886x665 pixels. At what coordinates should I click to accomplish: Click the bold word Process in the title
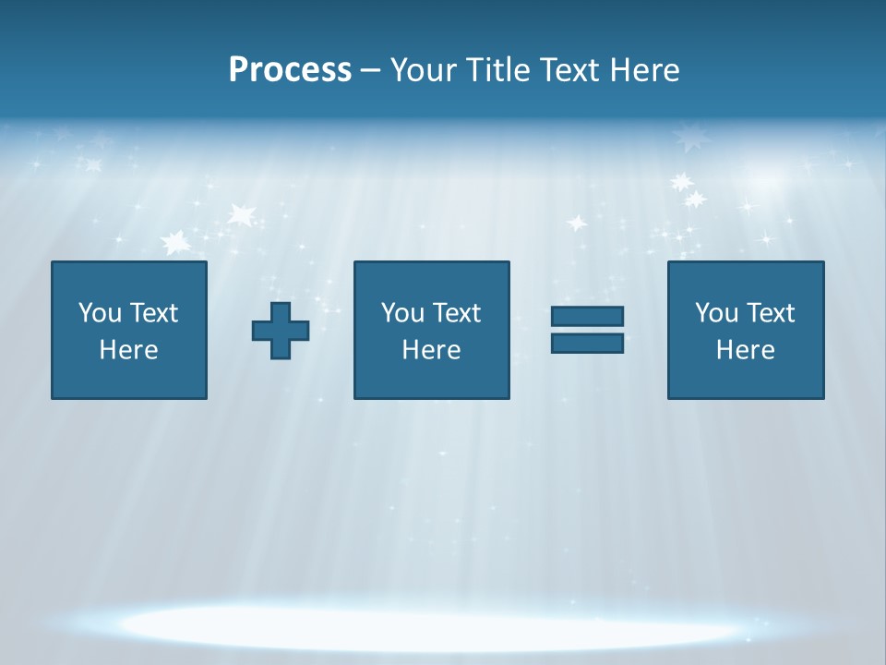click(290, 70)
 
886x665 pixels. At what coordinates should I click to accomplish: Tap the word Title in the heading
click(497, 70)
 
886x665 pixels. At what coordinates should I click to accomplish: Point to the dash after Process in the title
click(371, 70)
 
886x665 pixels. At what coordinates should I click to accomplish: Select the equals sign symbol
click(587, 330)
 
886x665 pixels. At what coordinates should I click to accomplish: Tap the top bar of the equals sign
click(587, 316)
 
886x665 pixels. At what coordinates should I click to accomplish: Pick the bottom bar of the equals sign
click(587, 343)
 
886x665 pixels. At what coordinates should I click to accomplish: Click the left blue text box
click(129, 330)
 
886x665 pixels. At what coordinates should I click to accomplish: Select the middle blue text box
click(431, 330)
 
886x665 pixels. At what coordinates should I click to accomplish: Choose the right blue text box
click(745, 330)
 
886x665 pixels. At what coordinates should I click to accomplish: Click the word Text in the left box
click(153, 313)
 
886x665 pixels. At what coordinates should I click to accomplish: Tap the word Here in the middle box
click(431, 350)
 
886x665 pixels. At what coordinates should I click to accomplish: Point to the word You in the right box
click(716, 313)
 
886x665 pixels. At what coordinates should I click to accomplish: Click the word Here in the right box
click(745, 350)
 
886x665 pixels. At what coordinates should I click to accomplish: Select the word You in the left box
click(100, 313)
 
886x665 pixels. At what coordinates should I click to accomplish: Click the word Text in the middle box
click(457, 313)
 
